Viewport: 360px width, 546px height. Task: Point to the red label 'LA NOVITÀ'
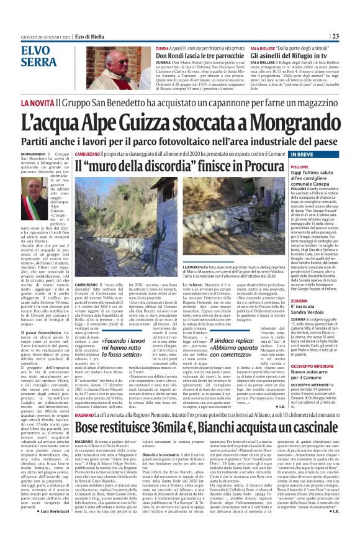point(37,101)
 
